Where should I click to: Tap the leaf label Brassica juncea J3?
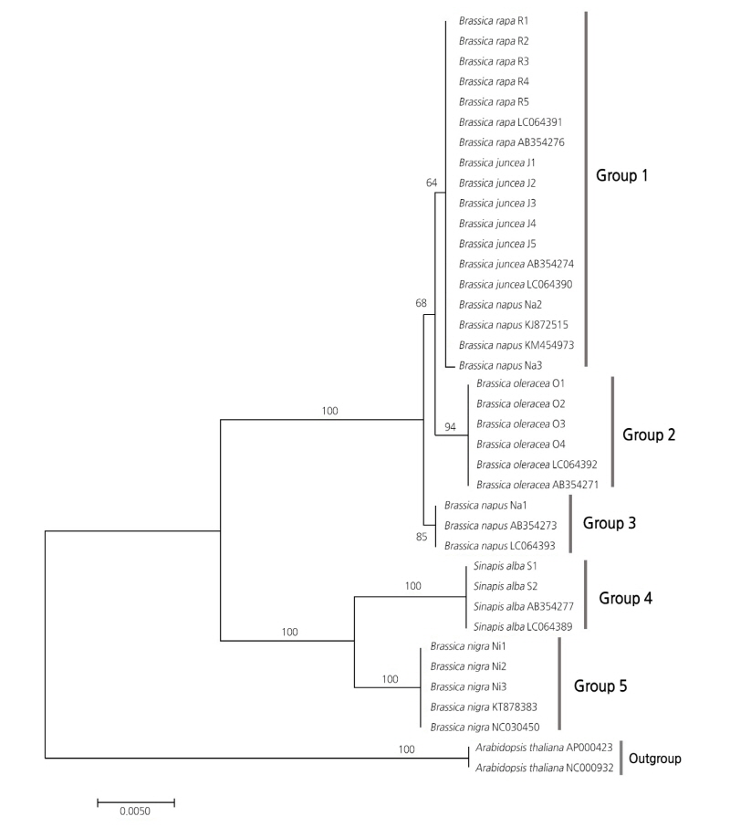point(498,204)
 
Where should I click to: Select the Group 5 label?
point(600,686)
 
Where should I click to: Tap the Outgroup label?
point(662,758)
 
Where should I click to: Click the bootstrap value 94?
point(449,426)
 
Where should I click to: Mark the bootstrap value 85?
point(422,537)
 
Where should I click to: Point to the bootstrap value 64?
point(433,183)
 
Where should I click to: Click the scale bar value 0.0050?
point(135,810)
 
